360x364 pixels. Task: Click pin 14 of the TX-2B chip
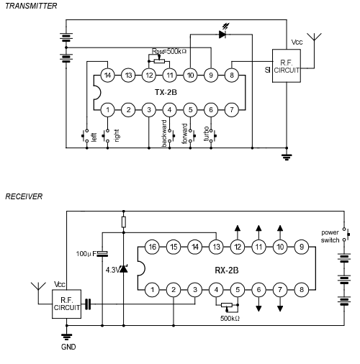(107, 76)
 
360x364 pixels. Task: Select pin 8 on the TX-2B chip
(232, 76)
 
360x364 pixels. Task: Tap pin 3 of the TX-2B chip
(149, 110)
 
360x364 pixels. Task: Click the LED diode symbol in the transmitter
(222, 35)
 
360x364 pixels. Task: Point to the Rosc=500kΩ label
(169, 51)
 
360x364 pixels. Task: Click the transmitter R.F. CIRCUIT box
(287, 66)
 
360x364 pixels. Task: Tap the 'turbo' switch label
(206, 134)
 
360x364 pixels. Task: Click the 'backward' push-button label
(164, 133)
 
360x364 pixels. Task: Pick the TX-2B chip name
(166, 92)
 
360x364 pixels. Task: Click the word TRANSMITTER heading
(31, 6)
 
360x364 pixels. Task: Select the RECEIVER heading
(24, 196)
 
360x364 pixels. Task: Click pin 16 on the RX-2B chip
(153, 247)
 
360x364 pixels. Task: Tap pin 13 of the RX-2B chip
(216, 247)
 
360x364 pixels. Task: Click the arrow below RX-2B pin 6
(258, 304)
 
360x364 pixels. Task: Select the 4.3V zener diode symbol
(124, 268)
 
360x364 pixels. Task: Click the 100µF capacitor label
(86, 254)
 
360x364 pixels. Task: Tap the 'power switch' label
(330, 236)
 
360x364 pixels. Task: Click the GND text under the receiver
(68, 347)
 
